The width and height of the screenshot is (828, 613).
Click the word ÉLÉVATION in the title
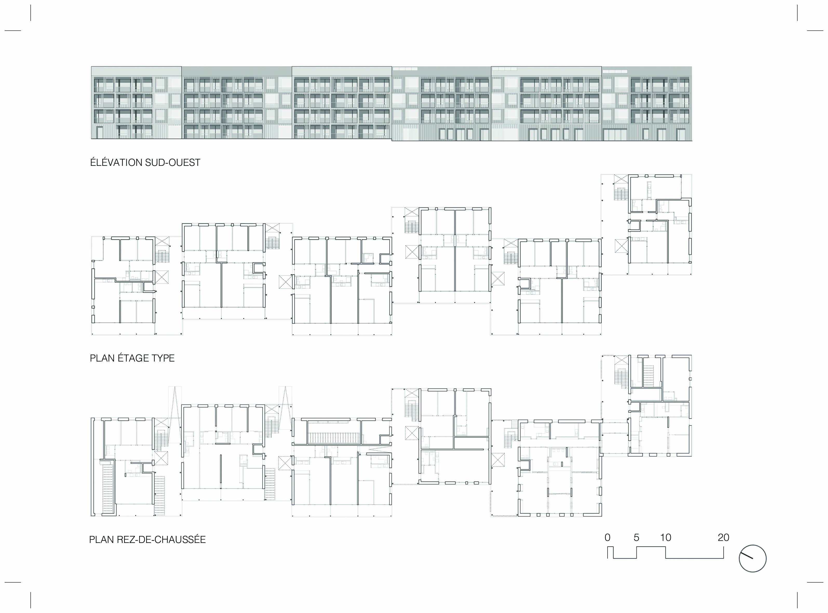[116, 162]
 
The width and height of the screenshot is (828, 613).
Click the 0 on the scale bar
[607, 537]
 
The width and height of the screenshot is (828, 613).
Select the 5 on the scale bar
[636, 537]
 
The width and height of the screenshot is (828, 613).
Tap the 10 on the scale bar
[665, 537]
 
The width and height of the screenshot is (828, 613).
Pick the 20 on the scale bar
[723, 537]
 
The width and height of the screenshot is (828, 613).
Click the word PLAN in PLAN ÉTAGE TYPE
[102, 358]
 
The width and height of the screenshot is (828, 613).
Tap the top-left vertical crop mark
[31, 13]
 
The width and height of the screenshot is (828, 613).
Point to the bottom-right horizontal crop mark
[815, 582]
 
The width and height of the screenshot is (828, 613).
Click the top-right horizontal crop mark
[815, 30]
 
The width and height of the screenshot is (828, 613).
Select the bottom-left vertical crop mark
[31, 600]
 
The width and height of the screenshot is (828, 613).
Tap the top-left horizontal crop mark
[13, 30]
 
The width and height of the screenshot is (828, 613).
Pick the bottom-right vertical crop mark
[797, 600]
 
